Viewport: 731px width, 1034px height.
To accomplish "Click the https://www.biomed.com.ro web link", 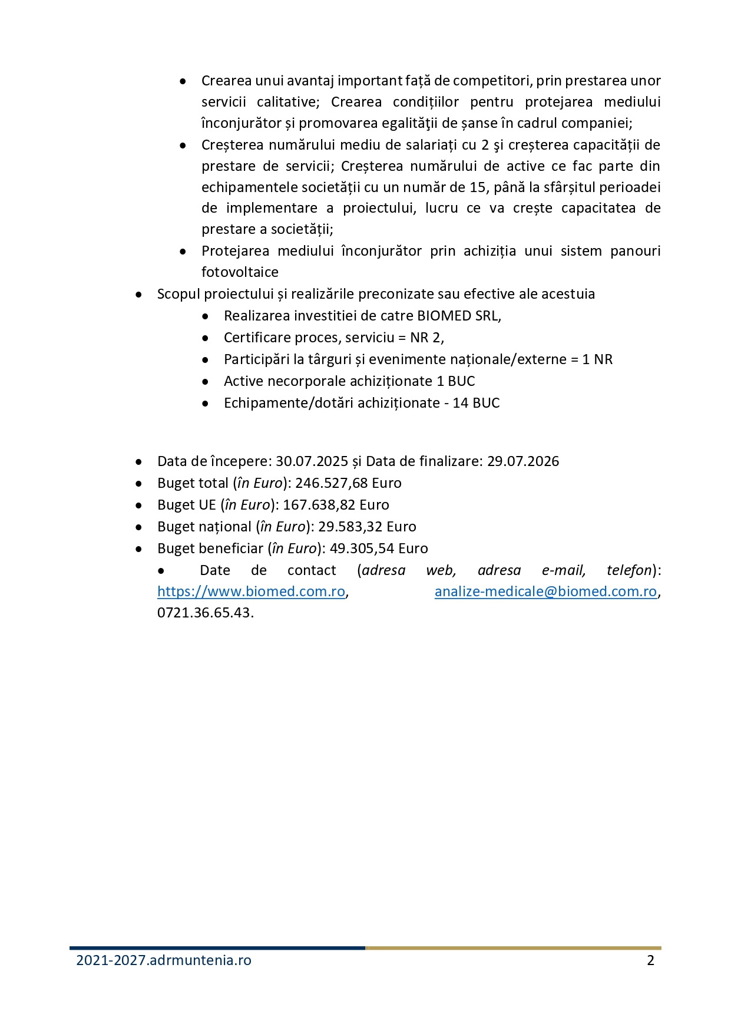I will pos(251,592).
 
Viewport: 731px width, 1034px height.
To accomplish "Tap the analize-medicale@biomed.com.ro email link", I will pos(545,592).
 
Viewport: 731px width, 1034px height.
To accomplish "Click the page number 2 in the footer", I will pos(650,960).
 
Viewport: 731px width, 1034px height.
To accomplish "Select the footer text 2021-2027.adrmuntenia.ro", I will pos(164,960).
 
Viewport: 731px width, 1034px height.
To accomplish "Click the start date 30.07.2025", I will pos(312,461).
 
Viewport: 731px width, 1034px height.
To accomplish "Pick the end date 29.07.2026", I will pos(523,461).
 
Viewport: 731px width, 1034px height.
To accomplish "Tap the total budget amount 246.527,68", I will pos(332,483).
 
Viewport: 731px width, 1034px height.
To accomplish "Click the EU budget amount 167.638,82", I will pos(319,505).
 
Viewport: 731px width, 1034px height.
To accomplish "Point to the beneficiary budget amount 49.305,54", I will pos(362,549).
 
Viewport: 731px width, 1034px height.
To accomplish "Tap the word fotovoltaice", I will pos(240,272).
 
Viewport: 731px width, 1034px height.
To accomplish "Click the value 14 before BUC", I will pos(460,403).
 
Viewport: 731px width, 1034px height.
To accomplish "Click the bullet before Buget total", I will pos(138,484).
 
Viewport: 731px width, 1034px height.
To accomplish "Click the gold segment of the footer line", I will pos(512,948).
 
